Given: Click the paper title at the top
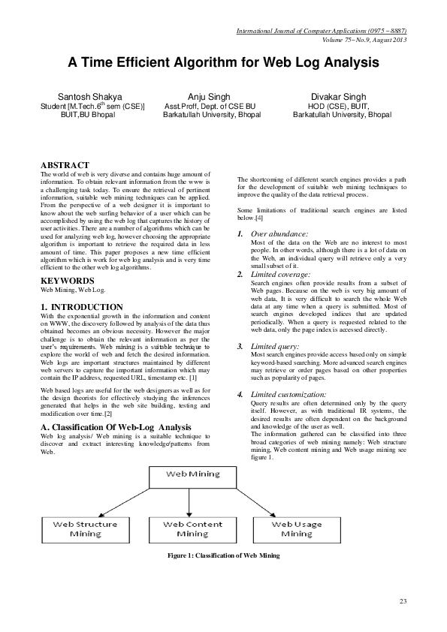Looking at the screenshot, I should tap(223, 63).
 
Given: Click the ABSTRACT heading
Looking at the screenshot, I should tap(65, 165).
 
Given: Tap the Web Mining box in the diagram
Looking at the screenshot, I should tap(193, 475).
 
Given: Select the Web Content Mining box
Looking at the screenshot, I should tap(193, 528).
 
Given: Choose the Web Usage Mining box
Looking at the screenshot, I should tap(297, 528).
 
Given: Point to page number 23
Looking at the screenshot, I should tap(403, 602).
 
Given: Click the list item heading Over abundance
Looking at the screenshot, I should tap(279, 235).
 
